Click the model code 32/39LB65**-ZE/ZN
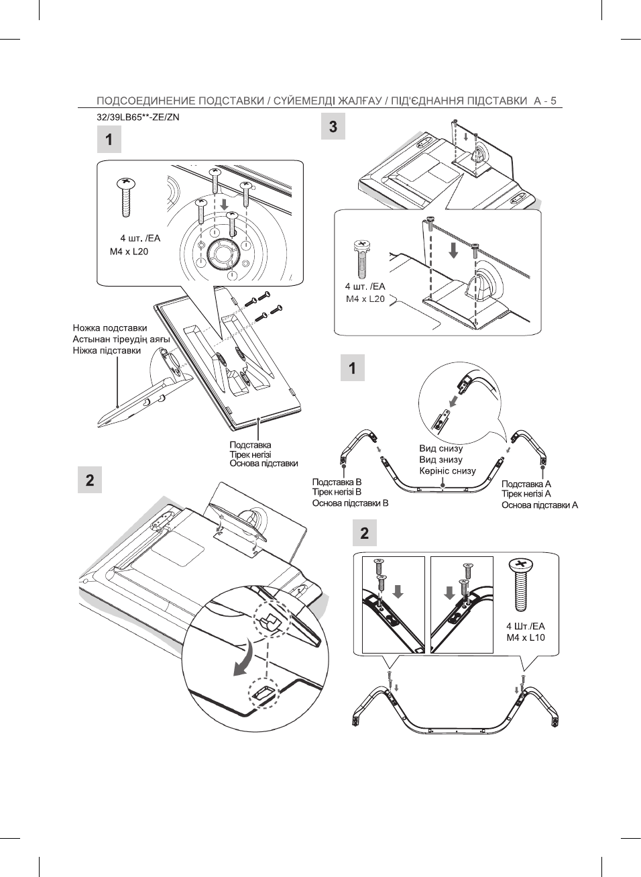coord(137,117)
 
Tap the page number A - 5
coord(545,101)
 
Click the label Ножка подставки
coord(110,327)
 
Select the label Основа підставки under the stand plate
coord(264,463)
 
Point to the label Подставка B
coord(337,482)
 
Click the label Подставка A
coord(526,484)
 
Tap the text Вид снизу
coord(441,448)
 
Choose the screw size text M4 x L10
coord(526,637)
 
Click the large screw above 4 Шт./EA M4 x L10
coord(521,585)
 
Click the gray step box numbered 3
coord(333,126)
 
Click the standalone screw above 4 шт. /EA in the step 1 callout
coord(126,197)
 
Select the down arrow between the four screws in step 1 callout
coord(224,203)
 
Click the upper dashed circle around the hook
coord(273,621)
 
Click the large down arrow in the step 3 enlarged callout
coord(453,250)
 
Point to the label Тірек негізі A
coord(526,494)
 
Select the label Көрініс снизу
coord(448,470)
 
